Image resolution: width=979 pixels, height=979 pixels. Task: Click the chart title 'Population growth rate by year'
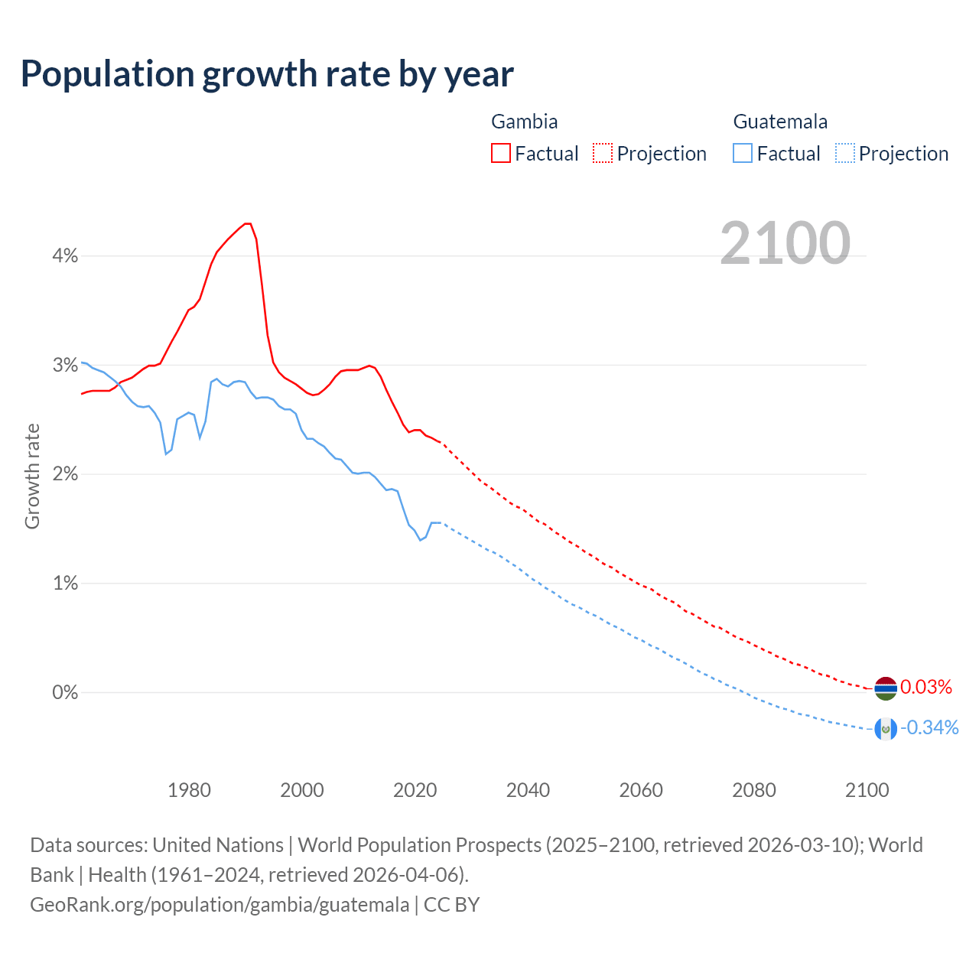pos(267,74)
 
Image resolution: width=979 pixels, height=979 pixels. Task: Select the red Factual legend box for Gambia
pos(501,153)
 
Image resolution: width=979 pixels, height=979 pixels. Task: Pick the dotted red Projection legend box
pos(603,153)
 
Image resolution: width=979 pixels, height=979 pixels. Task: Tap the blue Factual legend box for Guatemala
pos(743,153)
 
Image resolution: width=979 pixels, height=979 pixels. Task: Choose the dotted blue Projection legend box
pos(845,153)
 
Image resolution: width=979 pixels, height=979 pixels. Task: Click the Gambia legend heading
pos(524,122)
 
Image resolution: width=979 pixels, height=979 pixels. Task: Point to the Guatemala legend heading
pos(780,122)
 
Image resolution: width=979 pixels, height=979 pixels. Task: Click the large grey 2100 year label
pos(785,243)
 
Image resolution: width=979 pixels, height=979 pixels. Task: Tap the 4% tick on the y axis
pos(65,256)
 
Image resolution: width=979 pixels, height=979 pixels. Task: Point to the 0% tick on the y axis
pos(65,693)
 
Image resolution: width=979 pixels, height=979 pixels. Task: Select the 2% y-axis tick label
pos(65,474)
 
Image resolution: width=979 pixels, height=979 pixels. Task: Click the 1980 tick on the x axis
pos(189,790)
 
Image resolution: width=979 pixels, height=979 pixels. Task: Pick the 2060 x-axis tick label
pos(641,790)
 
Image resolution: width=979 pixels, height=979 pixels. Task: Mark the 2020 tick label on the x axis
pos(415,790)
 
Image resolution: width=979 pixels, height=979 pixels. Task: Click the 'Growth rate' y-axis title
pos(32,476)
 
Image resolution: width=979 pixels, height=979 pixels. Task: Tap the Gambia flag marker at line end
pos(886,688)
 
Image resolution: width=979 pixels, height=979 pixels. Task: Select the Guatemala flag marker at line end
pos(886,730)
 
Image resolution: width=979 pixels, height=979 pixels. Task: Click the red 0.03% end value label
pos(926,687)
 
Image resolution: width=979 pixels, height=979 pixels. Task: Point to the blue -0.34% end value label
pos(929,727)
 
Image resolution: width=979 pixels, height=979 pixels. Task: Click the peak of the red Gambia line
pos(247,223)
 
